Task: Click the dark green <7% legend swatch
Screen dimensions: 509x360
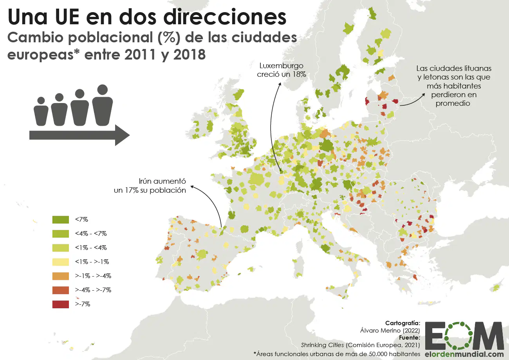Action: pyautogui.click(x=61, y=219)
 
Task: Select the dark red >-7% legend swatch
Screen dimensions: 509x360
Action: pyautogui.click(x=61, y=304)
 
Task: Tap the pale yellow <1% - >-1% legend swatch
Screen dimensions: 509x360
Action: pyautogui.click(x=61, y=262)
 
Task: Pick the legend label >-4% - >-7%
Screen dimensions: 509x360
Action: pyautogui.click(x=93, y=290)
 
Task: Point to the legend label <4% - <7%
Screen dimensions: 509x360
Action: pyautogui.click(x=91, y=233)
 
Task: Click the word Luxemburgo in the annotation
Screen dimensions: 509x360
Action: pyautogui.click(x=281, y=66)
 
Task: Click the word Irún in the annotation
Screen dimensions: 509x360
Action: pyautogui.click(x=145, y=181)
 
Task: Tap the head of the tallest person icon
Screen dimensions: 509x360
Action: pyautogui.click(x=102, y=90)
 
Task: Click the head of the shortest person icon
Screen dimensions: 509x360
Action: pyautogui.click(x=41, y=101)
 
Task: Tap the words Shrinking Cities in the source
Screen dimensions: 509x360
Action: pyautogui.click(x=323, y=345)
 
